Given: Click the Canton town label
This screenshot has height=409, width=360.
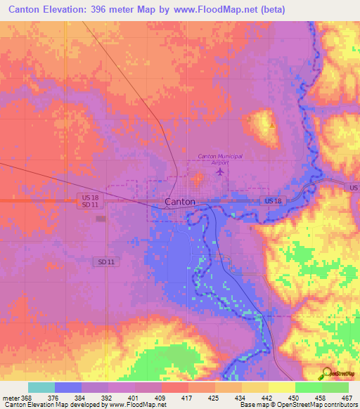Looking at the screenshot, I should pyautogui.click(x=179, y=202).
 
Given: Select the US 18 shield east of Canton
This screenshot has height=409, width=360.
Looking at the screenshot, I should pyautogui.click(x=274, y=201).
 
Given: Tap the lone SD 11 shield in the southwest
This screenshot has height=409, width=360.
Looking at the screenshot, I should pyautogui.click(x=104, y=261).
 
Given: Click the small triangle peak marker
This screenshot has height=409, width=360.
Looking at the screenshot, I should pyautogui.click(x=272, y=125).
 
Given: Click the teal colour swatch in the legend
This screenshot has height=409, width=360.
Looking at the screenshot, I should pyautogui.click(x=41, y=387).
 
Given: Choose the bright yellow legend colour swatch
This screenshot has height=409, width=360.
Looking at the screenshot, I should pyautogui.click(x=281, y=387).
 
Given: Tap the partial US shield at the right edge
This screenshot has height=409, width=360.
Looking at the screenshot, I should pyautogui.click(x=354, y=188).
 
